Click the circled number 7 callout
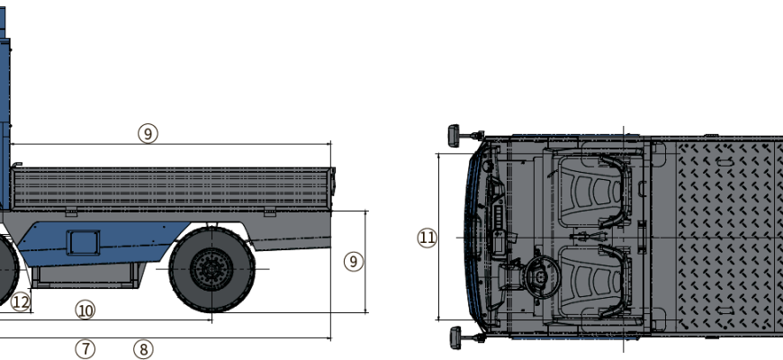85,349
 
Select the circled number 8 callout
143,349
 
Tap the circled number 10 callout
85,310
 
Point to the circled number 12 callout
21,301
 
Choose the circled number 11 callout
427,238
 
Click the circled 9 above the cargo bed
148,133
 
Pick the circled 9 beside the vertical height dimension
354,261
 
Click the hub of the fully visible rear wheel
211,270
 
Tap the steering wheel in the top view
541,277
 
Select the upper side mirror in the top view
465,135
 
